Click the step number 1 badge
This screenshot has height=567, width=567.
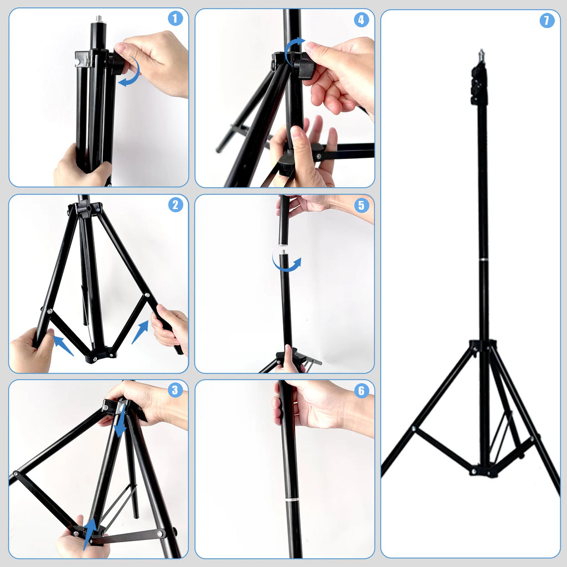pos(176,19)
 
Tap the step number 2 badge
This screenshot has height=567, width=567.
pos(176,205)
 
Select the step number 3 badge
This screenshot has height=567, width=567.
pos(176,390)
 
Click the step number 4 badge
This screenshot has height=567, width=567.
pos(361,20)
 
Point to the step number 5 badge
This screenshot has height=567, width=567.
pos(362,205)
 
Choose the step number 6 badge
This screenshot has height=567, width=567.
pos(362,391)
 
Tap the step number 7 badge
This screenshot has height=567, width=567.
pos(547,21)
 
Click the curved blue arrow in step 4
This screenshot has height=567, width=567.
pos(293,49)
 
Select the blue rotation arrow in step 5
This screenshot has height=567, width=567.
pos(287,265)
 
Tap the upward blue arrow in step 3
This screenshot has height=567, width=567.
pos(89,533)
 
